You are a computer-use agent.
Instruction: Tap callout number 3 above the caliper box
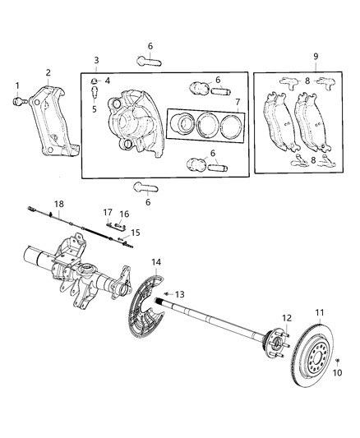[x=95, y=61]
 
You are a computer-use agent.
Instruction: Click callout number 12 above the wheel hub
[x=288, y=317]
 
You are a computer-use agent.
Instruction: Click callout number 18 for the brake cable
[x=58, y=203]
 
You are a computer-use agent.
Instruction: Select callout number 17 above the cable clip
[x=108, y=212]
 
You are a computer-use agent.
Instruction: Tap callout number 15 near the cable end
[x=136, y=233]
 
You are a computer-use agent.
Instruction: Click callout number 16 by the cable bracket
[x=126, y=214]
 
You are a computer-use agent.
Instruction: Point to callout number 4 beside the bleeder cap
[x=107, y=80]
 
